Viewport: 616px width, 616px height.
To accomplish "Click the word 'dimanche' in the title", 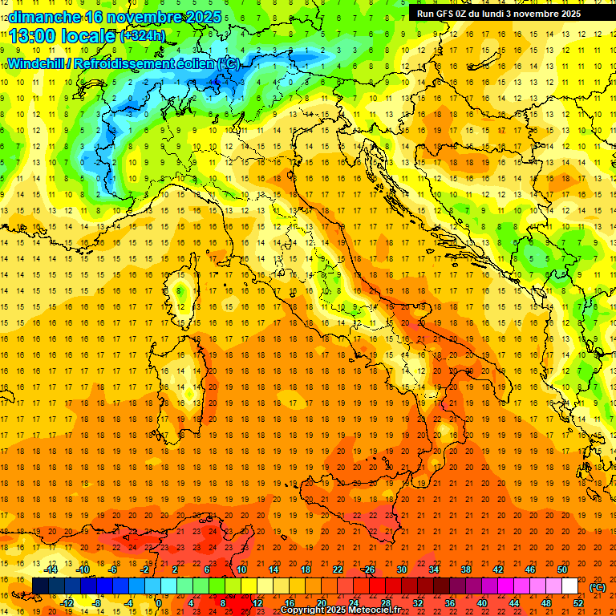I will pos(40,16).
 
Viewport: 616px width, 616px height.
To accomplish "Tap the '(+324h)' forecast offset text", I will pos(142,35).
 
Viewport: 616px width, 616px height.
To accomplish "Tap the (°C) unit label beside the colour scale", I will pos(598,586).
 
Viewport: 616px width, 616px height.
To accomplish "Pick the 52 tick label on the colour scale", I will pos(577,602).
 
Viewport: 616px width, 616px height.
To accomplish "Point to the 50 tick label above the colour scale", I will pos(562,569).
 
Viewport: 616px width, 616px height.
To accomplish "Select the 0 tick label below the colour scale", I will pos(159,602).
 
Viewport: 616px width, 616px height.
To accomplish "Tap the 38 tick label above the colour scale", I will pos(465,569).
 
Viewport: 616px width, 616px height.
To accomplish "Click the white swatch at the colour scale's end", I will pos(569,586).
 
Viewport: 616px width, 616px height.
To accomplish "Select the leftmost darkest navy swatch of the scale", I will pos(40,586).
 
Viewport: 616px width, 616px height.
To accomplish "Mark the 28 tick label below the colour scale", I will pos(385,602).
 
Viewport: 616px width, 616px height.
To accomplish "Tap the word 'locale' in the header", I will pos(87,35).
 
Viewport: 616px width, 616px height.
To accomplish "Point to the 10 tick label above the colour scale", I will pos(241,569).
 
